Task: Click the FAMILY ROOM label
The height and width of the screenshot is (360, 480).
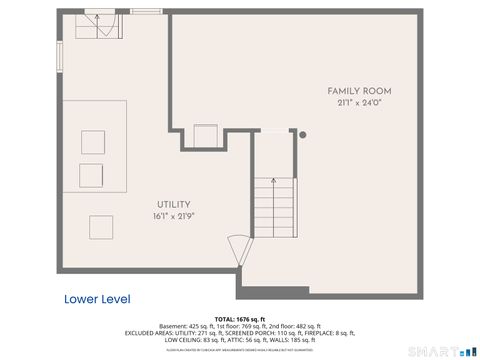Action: [x=359, y=91]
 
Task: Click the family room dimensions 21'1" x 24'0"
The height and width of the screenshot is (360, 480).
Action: [x=359, y=102]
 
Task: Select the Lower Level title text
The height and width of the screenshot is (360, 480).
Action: [x=97, y=299]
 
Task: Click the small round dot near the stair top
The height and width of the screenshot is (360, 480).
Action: [x=303, y=134]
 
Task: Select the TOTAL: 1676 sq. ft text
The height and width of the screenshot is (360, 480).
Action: [x=240, y=319]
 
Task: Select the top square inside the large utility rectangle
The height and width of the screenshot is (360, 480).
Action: [x=94, y=140]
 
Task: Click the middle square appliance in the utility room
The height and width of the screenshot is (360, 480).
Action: [x=91, y=173]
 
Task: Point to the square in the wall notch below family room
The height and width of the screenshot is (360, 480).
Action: [x=206, y=135]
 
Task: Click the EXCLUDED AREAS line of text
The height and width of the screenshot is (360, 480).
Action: [x=240, y=333]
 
